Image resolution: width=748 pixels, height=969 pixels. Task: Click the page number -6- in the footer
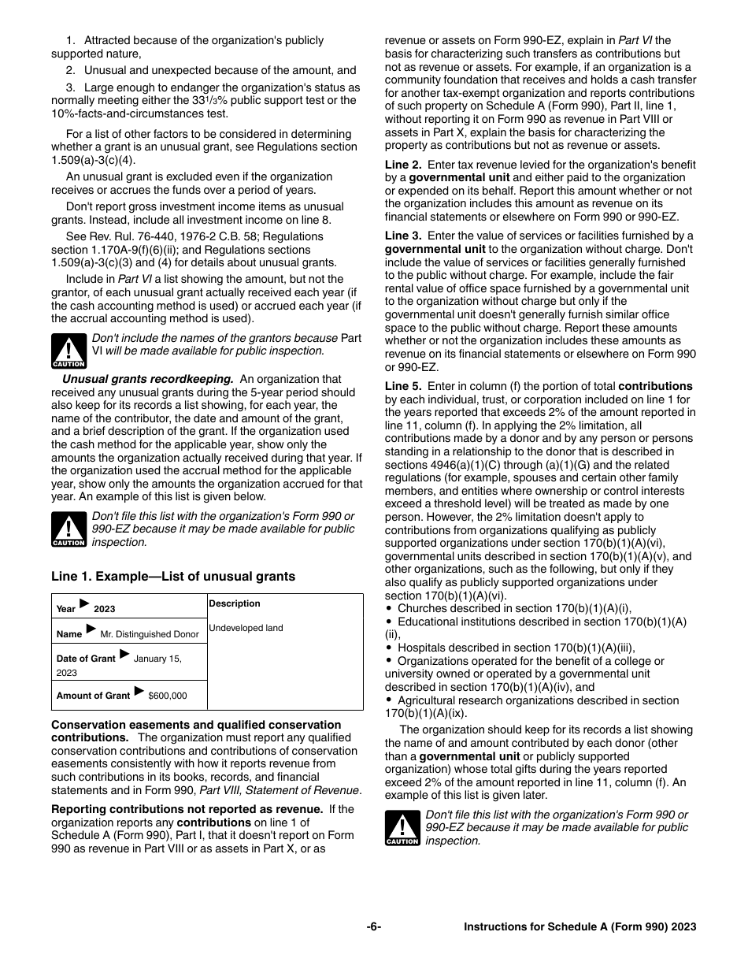click(374, 927)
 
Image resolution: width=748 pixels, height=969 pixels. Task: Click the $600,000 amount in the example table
click(168, 696)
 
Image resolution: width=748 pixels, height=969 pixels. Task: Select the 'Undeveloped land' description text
click(246, 628)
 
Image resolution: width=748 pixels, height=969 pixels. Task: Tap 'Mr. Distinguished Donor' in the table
click(150, 634)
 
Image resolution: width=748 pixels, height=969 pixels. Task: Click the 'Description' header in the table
click(235, 603)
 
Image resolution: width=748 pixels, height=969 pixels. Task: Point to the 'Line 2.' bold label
click(403, 165)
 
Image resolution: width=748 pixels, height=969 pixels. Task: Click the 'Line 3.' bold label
click(403, 236)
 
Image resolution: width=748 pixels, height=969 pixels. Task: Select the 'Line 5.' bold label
click(403, 386)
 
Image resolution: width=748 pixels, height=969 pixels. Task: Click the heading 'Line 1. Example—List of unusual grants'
click(173, 577)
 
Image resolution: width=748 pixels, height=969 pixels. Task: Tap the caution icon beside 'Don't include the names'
click(69, 352)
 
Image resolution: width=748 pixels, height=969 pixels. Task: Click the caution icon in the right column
click(402, 828)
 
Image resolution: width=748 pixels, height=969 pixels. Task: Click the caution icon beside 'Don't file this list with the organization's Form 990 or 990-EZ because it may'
click(69, 530)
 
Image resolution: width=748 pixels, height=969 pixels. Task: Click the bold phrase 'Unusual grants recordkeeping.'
click(148, 379)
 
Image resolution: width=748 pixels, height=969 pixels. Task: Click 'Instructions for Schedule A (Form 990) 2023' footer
click(580, 927)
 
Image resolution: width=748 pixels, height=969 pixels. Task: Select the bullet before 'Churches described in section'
click(389, 608)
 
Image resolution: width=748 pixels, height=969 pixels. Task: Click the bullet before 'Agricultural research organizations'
click(389, 700)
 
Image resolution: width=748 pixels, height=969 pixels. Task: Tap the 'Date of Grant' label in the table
click(86, 659)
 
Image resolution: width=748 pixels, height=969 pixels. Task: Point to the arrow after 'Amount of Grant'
click(139, 692)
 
